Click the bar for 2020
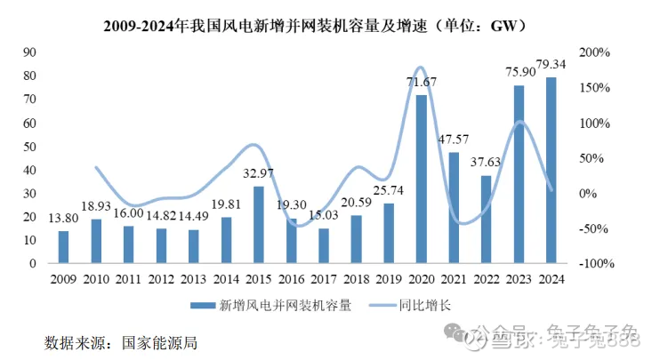coord(422,179)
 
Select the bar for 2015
coord(259,225)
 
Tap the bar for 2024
coord(551,170)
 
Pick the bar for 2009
coord(63,247)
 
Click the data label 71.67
coord(422,83)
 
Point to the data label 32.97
coord(259,174)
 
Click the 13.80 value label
coord(63,219)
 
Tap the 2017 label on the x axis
coord(324,279)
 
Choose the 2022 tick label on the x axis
coord(487,279)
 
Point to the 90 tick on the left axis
coord(29,52)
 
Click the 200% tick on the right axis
coord(596,52)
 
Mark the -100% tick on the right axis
coord(598,264)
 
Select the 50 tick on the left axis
coord(29,147)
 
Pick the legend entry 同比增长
coord(431,305)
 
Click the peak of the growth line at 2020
coord(422,68)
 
